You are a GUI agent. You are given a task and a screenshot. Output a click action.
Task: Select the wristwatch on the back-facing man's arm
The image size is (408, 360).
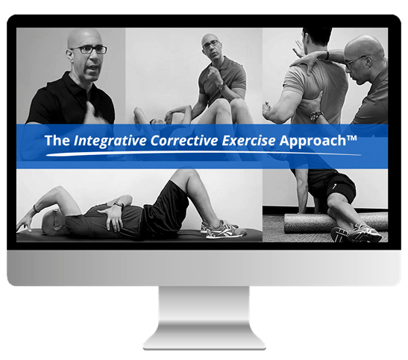point(317,116)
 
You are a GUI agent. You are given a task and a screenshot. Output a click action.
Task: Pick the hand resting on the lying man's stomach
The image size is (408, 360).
point(118,216)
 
